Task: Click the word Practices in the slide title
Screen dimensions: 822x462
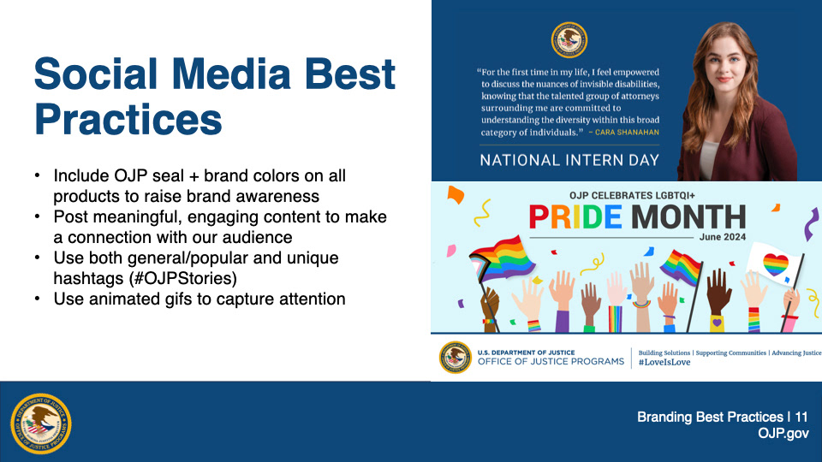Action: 128,120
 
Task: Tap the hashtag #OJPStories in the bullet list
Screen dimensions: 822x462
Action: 183,278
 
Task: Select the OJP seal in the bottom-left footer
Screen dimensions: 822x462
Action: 41,423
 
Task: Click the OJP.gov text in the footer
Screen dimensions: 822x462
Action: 783,434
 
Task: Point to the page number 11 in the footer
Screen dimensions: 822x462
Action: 801,417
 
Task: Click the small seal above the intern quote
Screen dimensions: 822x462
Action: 569,40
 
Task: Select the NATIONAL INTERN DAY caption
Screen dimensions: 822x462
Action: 569,160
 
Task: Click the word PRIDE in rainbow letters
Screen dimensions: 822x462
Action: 575,216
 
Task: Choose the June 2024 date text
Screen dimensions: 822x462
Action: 723,237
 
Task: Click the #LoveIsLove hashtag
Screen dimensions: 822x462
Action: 664,362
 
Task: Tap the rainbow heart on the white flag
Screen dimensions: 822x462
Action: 776,264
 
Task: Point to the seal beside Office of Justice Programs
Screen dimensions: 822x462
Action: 455,358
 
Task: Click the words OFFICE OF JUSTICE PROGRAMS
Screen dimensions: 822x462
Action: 551,361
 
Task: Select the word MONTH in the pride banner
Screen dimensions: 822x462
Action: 688,216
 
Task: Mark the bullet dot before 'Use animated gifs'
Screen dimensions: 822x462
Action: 37,299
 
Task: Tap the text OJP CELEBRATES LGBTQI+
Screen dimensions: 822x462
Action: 632,195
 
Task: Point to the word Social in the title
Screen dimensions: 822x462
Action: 96,74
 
